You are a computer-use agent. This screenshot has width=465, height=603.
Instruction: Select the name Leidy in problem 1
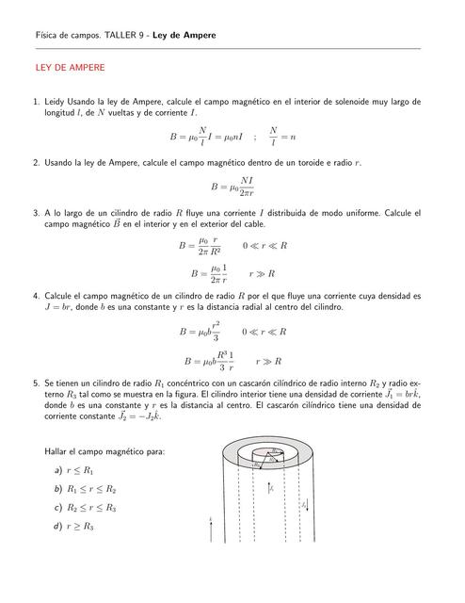pyautogui.click(x=56, y=101)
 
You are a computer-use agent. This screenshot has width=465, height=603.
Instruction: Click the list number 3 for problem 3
pyautogui.click(x=36, y=214)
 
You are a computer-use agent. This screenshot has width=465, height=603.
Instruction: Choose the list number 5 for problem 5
pyautogui.click(x=36, y=384)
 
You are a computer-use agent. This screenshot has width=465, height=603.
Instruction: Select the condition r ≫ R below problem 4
pyautogui.click(x=269, y=361)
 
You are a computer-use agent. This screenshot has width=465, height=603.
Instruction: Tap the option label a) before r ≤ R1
pyautogui.click(x=58, y=469)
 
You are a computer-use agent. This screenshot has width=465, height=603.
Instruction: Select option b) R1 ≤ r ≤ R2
pyautogui.click(x=86, y=489)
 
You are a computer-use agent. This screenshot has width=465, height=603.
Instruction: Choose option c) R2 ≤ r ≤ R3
pyautogui.click(x=86, y=508)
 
